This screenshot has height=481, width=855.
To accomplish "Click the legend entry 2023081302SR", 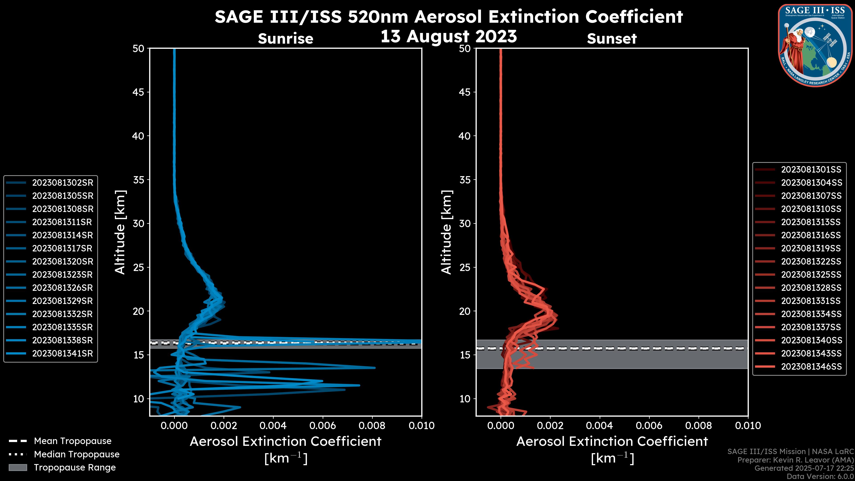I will click(62, 183).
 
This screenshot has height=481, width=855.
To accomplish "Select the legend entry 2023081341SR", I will click(62, 354).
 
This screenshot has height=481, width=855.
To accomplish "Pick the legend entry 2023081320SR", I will click(62, 262).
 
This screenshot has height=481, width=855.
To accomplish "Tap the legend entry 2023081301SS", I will click(811, 170).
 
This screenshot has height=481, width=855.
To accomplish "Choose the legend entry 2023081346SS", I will click(811, 367).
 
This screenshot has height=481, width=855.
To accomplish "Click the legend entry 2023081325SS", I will click(811, 275).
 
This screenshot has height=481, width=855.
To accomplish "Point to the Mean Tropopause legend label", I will click(73, 441).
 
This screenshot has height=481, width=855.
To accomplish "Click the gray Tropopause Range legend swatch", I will click(18, 467).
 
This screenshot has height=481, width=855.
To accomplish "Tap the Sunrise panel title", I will click(285, 39).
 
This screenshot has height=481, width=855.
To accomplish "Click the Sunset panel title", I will click(612, 39).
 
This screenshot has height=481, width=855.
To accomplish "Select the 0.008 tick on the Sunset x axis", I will click(699, 426).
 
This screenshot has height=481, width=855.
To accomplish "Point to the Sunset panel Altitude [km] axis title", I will click(446, 232).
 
